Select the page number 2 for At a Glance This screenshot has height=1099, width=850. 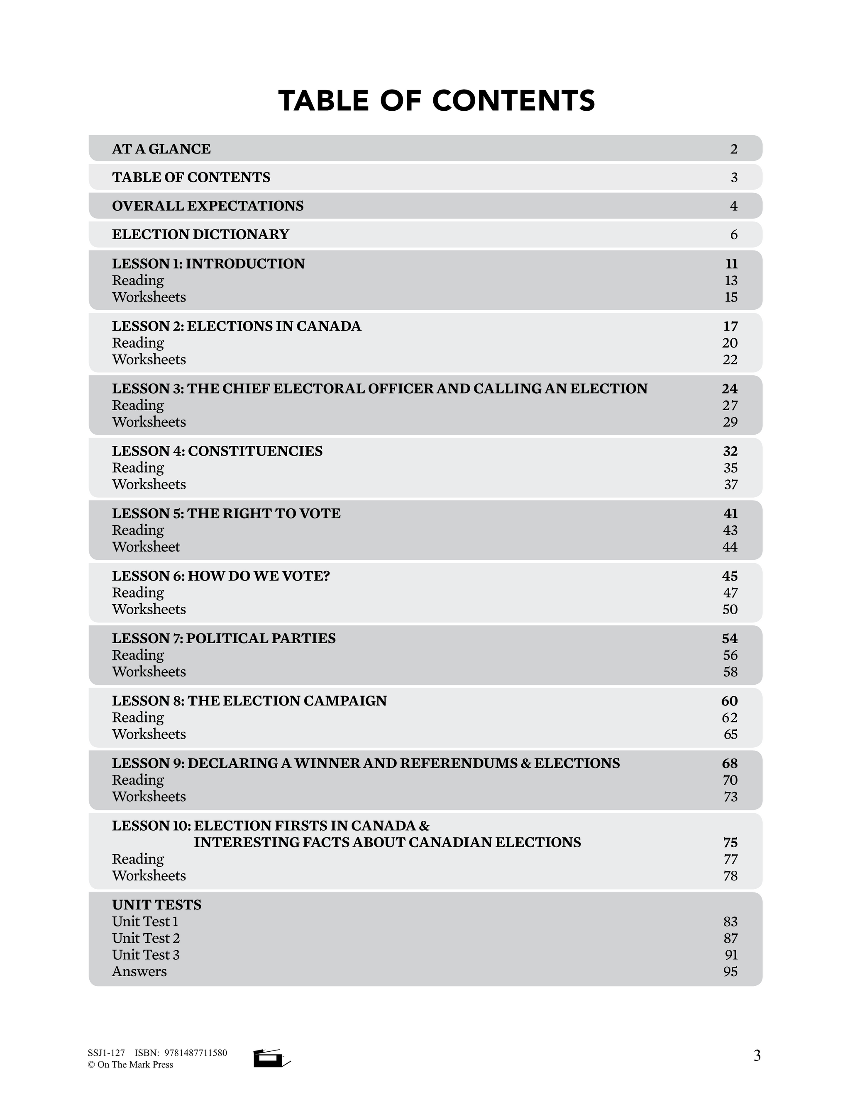[734, 149]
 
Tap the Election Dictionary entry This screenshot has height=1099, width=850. [200, 234]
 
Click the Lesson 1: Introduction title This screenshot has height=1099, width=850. [208, 264]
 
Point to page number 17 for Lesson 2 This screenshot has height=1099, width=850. [730, 326]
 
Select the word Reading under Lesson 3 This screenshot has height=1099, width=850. [138, 405]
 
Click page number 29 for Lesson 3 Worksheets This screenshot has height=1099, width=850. [730, 422]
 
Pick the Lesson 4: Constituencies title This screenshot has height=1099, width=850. [217, 451]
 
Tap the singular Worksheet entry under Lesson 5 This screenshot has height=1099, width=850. [146, 547]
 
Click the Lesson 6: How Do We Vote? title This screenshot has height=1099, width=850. [220, 576]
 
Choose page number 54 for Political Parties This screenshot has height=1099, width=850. [730, 638]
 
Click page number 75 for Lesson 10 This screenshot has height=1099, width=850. [730, 842]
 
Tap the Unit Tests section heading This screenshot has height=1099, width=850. [156, 905]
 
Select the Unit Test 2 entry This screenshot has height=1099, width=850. [146, 938]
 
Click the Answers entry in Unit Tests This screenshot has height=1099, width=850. [139, 971]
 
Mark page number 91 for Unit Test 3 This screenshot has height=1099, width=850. [730, 955]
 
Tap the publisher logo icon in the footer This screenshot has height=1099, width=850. [271, 1058]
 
